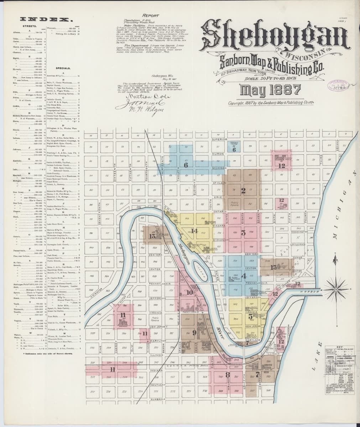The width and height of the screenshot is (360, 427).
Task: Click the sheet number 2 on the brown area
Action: (243, 190)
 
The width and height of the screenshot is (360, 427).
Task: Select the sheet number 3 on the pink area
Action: (243, 233)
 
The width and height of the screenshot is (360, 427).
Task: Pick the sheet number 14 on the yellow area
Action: (194, 231)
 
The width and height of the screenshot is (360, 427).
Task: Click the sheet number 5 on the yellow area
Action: (251, 316)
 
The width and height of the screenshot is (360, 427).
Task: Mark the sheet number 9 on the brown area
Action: (194, 333)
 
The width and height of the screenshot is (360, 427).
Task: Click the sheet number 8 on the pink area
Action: (227, 376)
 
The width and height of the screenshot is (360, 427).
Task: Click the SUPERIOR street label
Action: (217, 139)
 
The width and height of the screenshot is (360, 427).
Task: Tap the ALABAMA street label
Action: (157, 399)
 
